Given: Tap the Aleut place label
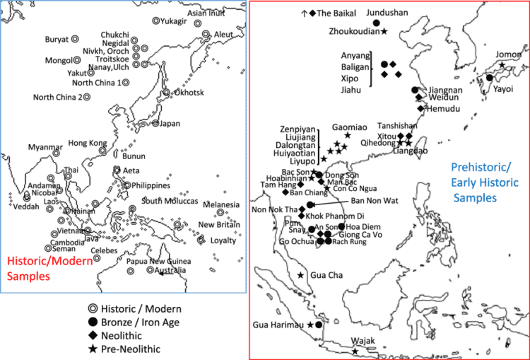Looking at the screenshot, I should [223, 34].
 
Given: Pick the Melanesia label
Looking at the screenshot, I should [221, 205].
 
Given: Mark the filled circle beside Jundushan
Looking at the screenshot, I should [377, 23].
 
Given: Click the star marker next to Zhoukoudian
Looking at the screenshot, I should [384, 31].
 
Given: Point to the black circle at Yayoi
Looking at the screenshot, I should [489, 78].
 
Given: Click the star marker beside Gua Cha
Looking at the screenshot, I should [301, 275].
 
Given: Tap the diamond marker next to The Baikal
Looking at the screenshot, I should [312, 13].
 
